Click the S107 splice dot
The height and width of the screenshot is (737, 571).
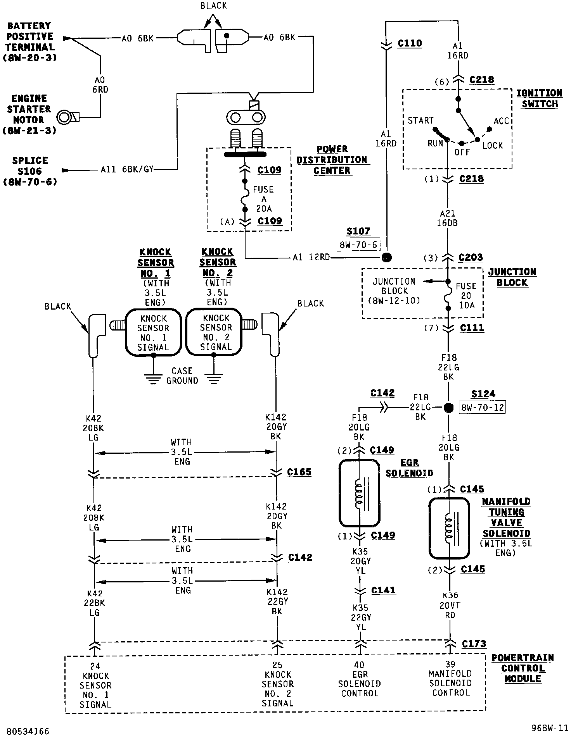coord(386,257)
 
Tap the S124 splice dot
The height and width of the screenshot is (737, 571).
coord(448,408)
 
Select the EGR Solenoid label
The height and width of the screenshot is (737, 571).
coord(410,468)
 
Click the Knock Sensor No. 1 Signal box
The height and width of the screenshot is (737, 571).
coord(153,332)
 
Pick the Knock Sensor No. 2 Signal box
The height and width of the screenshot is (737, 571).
coord(216,332)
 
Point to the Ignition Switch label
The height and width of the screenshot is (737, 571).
coord(540,98)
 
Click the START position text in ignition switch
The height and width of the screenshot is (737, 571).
coord(420,121)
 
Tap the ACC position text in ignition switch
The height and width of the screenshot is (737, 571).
coord(501,121)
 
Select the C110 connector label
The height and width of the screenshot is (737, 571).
coord(410,43)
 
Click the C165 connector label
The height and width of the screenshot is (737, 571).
coord(299,472)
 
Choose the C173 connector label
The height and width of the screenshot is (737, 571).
coord(474,644)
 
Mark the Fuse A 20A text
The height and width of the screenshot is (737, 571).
coord(263,199)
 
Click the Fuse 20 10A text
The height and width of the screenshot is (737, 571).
coord(466,295)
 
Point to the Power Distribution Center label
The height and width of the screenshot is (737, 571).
coord(332,160)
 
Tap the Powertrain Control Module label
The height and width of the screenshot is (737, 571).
coord(523,668)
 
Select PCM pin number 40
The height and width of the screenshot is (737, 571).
coord(359,665)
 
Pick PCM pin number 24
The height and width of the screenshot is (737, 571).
coord(95,666)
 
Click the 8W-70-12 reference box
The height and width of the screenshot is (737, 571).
coord(483,408)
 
